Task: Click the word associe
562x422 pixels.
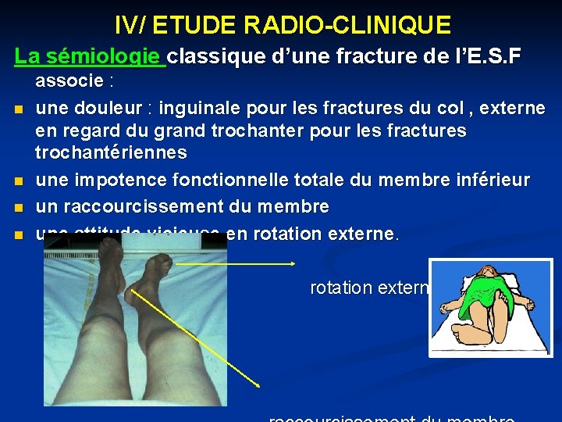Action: [69, 80]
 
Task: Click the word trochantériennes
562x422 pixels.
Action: [111, 152]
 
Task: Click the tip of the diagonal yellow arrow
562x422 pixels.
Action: [260, 386]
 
